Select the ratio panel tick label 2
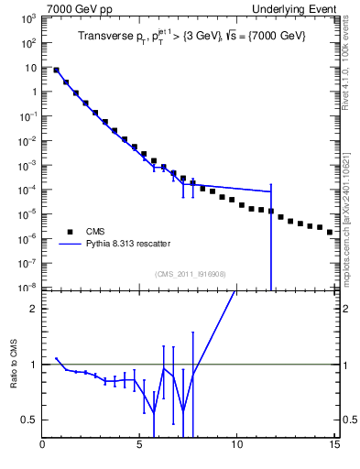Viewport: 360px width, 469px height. click(x=34, y=309)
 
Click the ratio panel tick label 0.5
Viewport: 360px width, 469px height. click(x=30, y=420)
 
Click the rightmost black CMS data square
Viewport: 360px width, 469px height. click(x=330, y=232)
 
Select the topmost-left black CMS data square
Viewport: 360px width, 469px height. click(x=57, y=70)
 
